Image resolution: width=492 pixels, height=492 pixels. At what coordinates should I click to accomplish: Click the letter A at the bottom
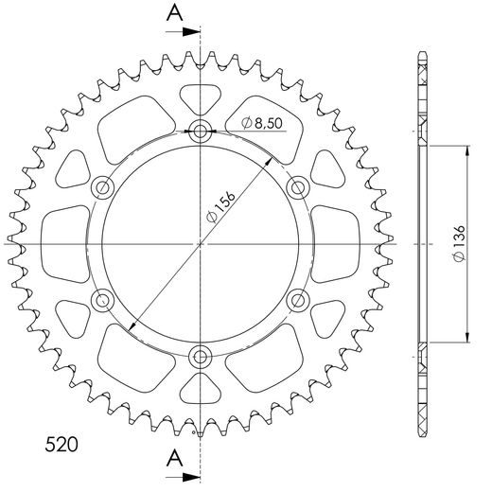174,459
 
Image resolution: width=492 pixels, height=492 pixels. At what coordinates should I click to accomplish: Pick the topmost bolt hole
201,132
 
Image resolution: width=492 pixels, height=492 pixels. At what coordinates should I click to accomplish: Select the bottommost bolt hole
201,357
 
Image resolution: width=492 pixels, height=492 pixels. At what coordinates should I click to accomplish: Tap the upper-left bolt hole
102,187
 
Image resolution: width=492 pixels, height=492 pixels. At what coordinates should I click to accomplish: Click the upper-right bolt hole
298,187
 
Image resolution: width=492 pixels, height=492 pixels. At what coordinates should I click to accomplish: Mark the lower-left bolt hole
102,301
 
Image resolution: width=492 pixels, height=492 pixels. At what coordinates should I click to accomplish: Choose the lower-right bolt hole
298,301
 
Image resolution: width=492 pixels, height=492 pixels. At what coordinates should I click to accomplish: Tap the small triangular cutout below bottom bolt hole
201,391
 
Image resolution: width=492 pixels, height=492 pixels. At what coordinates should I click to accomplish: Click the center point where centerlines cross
201,244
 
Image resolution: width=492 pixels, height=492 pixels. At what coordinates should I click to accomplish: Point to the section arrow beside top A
190,30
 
